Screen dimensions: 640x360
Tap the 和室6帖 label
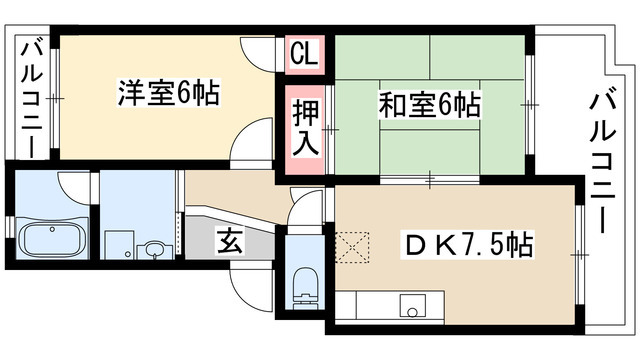point(429,103)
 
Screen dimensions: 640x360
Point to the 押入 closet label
point(304,126)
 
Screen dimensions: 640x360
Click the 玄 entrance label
point(229,242)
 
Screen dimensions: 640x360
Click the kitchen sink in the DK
point(413,304)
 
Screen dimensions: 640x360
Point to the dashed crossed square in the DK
point(353,245)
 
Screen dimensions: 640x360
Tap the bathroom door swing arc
point(76,184)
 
